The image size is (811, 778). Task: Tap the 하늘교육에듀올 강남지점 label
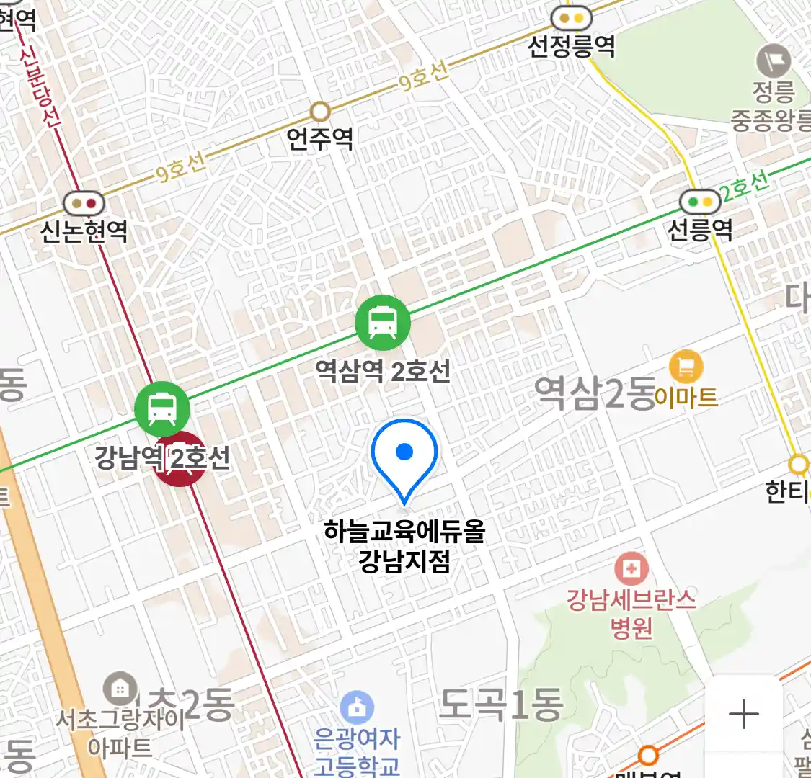click(x=404, y=546)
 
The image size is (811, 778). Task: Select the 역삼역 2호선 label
click(x=383, y=372)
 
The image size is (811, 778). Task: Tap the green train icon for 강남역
click(x=162, y=409)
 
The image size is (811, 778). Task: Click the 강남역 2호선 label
click(x=162, y=457)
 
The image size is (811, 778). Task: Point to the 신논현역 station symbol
click(x=84, y=204)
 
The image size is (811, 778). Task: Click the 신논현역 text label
click(x=84, y=231)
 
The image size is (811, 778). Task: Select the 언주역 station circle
click(x=320, y=112)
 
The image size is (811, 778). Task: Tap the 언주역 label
click(x=320, y=138)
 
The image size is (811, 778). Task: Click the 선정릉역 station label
click(x=572, y=47)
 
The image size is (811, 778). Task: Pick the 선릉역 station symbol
click(x=700, y=202)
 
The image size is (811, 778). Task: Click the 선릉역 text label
click(x=700, y=230)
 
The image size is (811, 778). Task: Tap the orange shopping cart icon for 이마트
click(x=686, y=367)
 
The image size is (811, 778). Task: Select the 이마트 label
click(x=686, y=397)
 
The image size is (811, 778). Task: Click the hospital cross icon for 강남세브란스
click(x=631, y=569)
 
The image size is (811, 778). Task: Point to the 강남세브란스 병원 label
click(x=631, y=613)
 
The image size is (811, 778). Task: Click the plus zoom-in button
click(x=743, y=715)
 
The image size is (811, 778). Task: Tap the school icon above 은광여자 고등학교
click(x=357, y=708)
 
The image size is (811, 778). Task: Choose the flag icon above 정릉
click(x=774, y=61)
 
